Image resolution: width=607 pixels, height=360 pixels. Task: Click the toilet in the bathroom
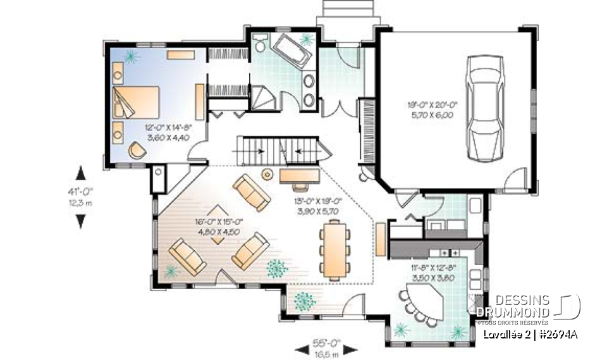click(259, 43)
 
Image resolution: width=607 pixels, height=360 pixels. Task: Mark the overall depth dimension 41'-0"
click(80, 195)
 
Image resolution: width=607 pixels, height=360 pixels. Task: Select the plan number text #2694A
click(557, 335)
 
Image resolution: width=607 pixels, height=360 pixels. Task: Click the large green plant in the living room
click(276, 268)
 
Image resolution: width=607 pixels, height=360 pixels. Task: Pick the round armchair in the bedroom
click(137, 150)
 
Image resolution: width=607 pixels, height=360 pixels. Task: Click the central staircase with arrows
click(281, 151)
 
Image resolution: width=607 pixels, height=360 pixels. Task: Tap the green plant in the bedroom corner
click(132, 58)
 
